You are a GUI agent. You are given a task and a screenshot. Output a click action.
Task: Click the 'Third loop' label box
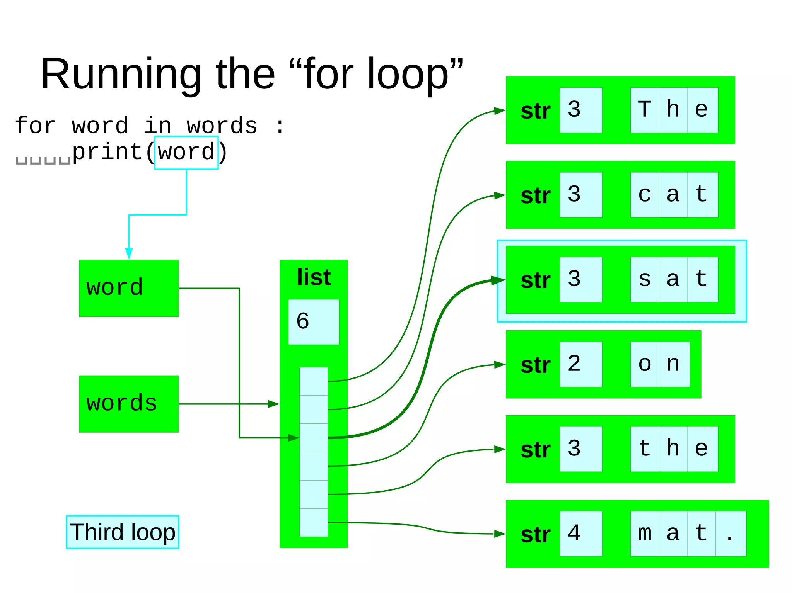(123, 532)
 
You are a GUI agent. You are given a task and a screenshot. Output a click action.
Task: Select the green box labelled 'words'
(129, 404)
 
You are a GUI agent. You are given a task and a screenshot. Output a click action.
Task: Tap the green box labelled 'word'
(129, 288)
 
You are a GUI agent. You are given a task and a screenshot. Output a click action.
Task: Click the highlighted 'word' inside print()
(186, 152)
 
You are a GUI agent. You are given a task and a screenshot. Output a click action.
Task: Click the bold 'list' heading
(314, 277)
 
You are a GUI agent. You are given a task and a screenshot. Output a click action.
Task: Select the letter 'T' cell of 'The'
(644, 110)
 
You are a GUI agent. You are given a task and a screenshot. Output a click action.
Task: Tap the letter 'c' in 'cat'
(644, 195)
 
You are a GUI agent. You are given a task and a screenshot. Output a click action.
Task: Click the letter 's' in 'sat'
(644, 279)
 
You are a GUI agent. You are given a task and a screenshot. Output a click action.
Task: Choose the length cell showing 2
(580, 364)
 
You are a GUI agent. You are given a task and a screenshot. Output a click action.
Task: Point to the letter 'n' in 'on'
(673, 364)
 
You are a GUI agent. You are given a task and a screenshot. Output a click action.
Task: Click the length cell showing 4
(580, 534)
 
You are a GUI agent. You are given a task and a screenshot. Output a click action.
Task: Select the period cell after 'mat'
(730, 534)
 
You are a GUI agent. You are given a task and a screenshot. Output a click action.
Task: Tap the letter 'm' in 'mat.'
(644, 534)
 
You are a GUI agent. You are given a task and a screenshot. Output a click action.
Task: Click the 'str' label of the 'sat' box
(535, 280)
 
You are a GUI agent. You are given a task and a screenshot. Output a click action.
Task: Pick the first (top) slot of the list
(314, 381)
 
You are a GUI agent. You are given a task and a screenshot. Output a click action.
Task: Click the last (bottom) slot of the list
(314, 522)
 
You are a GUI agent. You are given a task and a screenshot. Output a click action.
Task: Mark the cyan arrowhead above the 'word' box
(129, 253)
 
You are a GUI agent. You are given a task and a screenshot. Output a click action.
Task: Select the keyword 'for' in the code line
(36, 126)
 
